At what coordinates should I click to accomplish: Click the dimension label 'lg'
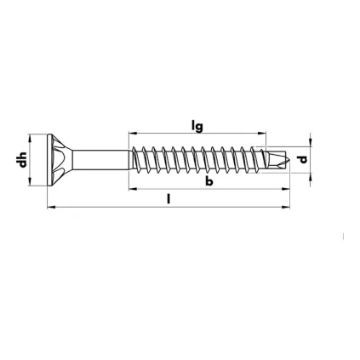[x=197, y=127]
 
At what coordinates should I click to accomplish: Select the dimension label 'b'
[x=209, y=181]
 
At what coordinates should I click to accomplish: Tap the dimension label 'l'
[x=169, y=199]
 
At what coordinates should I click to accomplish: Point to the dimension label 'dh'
[x=21, y=159]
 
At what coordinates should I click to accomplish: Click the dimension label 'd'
[x=303, y=159]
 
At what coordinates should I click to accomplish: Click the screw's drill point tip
[x=289, y=160]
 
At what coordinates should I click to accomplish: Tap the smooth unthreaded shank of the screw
[x=101, y=160]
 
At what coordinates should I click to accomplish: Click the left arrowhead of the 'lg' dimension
[x=133, y=133]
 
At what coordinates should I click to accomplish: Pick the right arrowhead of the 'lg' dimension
[x=262, y=133]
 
